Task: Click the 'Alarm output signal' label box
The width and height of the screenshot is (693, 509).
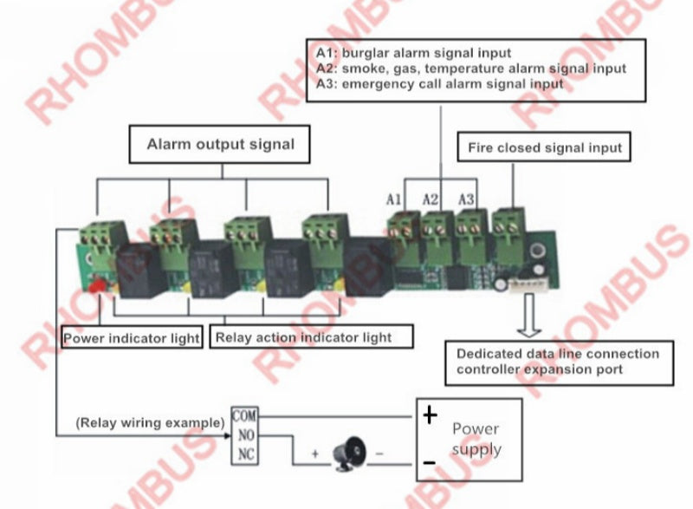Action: (220, 144)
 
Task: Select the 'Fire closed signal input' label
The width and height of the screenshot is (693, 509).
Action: (545, 147)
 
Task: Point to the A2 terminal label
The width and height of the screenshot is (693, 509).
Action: (431, 199)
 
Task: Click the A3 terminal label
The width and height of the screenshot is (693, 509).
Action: (466, 199)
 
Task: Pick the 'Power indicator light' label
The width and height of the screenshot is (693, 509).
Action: (132, 337)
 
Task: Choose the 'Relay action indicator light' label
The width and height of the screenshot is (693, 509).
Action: (310, 336)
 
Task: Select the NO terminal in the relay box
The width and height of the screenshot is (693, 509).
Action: (246, 436)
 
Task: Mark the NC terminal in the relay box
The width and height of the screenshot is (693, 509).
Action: (246, 454)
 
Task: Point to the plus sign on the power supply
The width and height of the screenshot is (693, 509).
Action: (430, 416)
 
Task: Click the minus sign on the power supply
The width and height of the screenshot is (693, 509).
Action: (430, 463)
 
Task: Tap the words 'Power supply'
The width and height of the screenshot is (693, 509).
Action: (476, 439)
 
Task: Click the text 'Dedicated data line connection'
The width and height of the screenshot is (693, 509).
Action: (557, 354)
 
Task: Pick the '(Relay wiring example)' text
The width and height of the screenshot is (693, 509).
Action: (150, 423)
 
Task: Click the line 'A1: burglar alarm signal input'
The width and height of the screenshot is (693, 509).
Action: (413, 53)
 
